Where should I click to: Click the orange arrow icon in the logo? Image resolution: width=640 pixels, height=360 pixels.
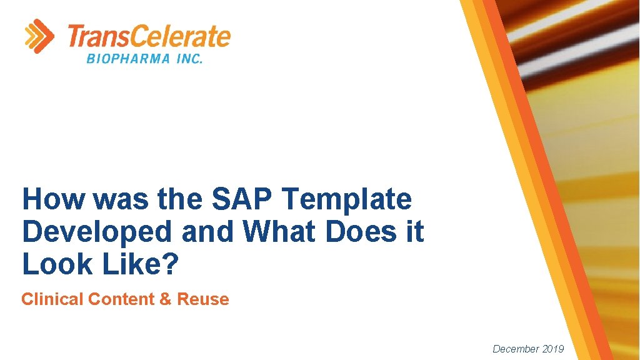[39, 36]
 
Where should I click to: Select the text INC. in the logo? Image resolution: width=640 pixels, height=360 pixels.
[186, 59]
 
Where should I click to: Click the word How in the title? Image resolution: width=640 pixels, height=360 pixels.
[52, 200]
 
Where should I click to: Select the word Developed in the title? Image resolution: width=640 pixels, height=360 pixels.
[97, 232]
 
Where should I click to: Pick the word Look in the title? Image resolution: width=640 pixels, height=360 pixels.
[54, 264]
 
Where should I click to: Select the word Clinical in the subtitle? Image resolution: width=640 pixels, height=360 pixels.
[52, 299]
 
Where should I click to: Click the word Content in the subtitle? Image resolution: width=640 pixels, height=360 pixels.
[121, 299]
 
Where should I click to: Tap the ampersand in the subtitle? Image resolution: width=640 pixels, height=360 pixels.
[166, 299]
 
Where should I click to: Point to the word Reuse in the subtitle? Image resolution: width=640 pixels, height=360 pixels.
[203, 299]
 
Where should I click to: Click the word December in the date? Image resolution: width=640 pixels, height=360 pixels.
[516, 349]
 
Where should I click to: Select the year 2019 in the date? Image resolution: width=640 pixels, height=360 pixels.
[554, 349]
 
